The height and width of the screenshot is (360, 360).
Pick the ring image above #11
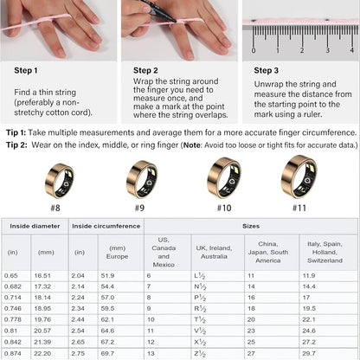pos(298,177)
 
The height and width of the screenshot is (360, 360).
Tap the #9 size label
pos(139,208)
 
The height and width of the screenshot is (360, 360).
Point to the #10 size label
pos(222,208)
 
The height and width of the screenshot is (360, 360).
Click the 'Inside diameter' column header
pos(35,227)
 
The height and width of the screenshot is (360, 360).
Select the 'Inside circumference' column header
pos(106,227)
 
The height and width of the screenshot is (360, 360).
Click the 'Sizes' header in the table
pos(248,227)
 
